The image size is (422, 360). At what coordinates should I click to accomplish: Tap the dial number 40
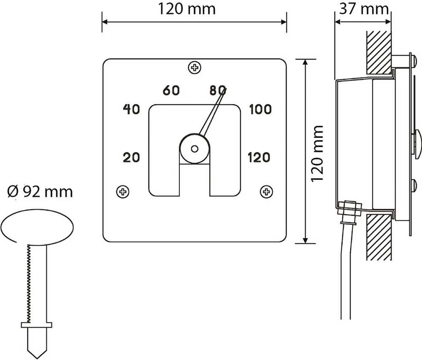(x=131, y=109)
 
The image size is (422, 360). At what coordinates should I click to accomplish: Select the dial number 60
(x=171, y=91)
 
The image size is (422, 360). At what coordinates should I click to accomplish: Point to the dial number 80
(x=217, y=91)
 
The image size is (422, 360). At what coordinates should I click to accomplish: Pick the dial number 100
(x=260, y=109)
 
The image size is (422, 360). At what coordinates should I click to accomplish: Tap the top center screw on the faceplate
(x=194, y=67)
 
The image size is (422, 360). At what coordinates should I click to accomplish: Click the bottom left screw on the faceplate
(x=123, y=192)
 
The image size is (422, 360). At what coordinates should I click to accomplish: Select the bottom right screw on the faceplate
(x=266, y=192)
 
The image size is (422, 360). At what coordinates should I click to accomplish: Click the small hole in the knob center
(x=194, y=149)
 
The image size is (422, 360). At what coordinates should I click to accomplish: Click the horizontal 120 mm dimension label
(x=187, y=8)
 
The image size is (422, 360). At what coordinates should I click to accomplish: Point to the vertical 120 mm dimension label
(x=317, y=153)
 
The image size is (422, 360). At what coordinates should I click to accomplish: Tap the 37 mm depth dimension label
(x=364, y=8)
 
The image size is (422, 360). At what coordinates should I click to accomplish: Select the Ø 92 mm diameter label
(x=40, y=192)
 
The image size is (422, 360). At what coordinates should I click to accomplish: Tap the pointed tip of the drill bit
(x=37, y=358)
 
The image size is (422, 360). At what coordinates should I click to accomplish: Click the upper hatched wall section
(x=379, y=53)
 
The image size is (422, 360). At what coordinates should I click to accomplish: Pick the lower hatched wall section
(x=379, y=236)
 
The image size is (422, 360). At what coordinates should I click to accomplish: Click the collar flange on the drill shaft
(x=37, y=325)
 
